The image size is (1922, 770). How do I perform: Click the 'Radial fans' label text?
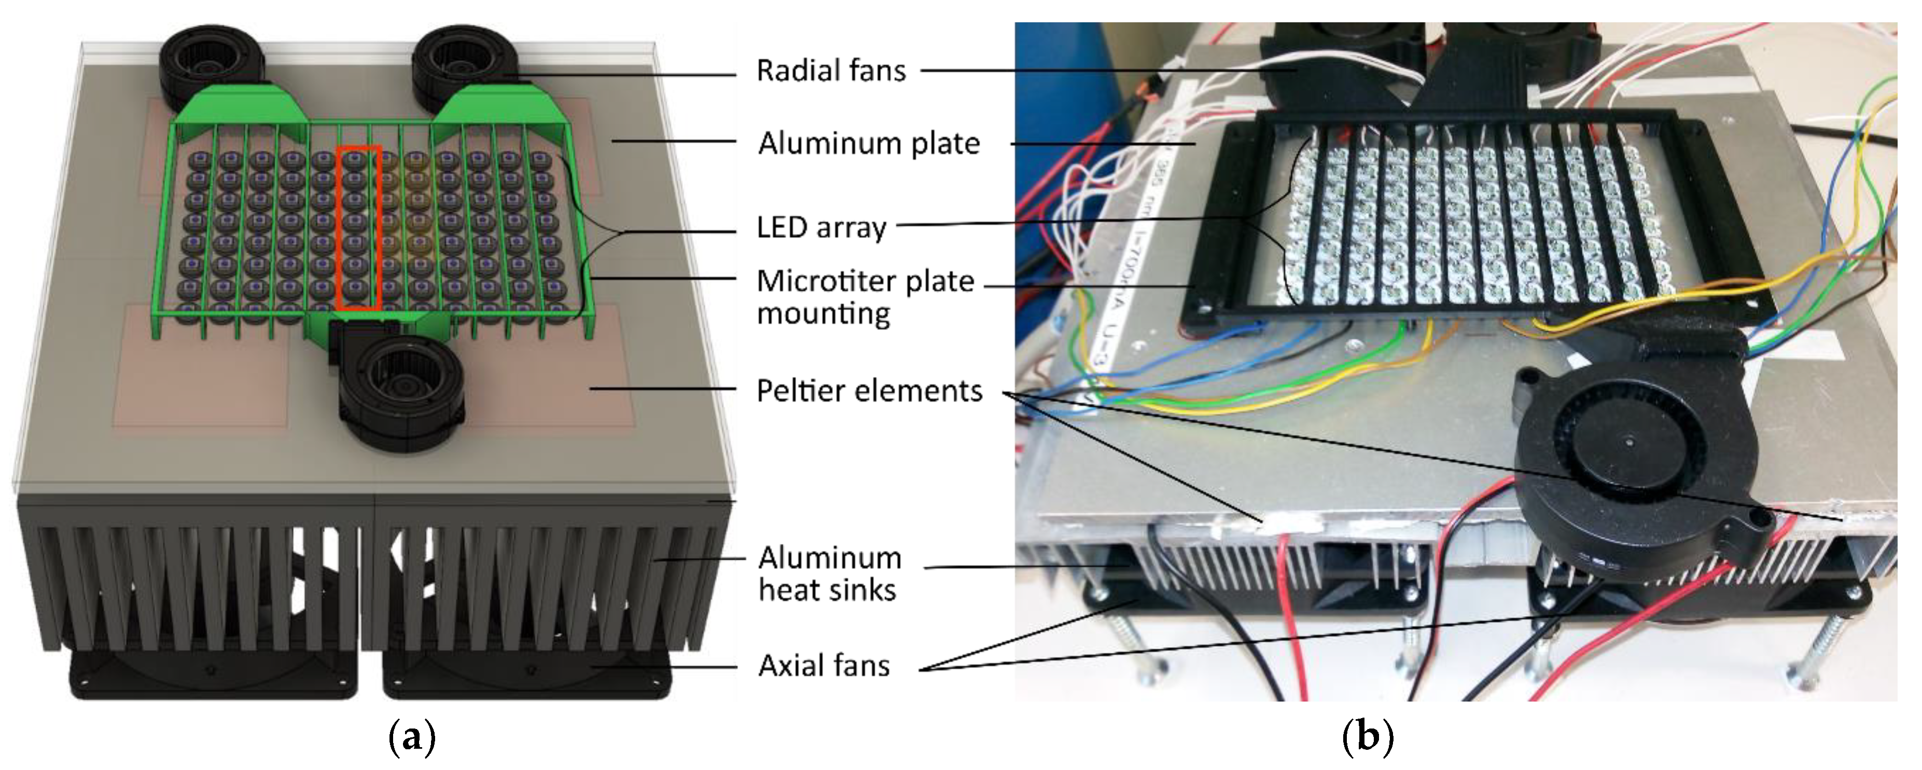(x=830, y=71)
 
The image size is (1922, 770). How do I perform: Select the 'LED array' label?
(x=821, y=228)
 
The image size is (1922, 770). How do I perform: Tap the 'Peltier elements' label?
(x=869, y=391)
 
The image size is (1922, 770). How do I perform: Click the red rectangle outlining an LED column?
(x=359, y=228)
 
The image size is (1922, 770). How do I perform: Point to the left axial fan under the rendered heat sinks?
(x=213, y=675)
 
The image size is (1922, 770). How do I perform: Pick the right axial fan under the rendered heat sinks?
(x=526, y=675)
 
